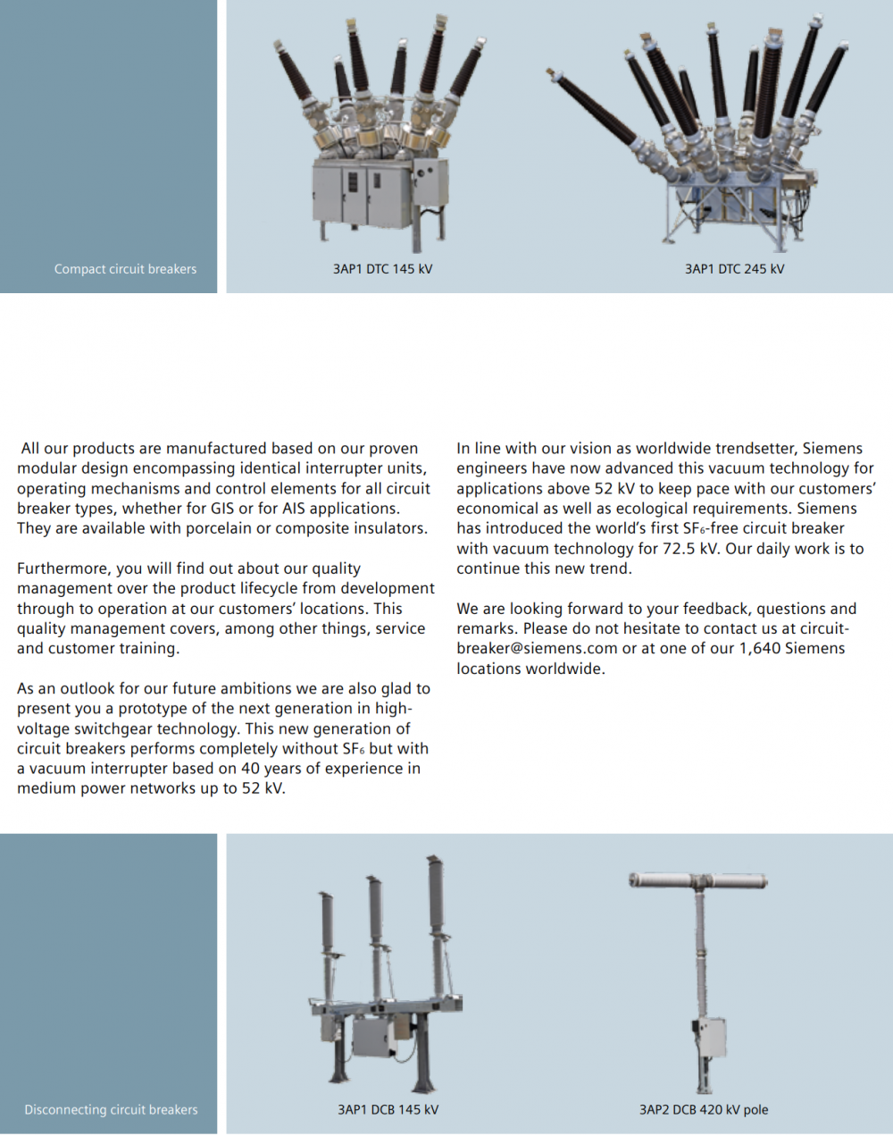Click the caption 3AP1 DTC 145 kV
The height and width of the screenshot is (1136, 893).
(x=382, y=269)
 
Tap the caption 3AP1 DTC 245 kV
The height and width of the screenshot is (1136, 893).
(x=734, y=269)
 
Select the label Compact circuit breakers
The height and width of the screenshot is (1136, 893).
(x=125, y=269)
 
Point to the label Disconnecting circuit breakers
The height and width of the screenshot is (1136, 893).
(x=111, y=1110)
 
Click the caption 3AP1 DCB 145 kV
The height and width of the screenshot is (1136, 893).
(x=388, y=1110)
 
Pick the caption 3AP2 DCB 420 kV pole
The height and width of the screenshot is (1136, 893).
(x=704, y=1110)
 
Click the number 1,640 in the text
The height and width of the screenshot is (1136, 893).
(x=760, y=649)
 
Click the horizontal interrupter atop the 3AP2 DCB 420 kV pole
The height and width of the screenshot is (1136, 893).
(x=698, y=881)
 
